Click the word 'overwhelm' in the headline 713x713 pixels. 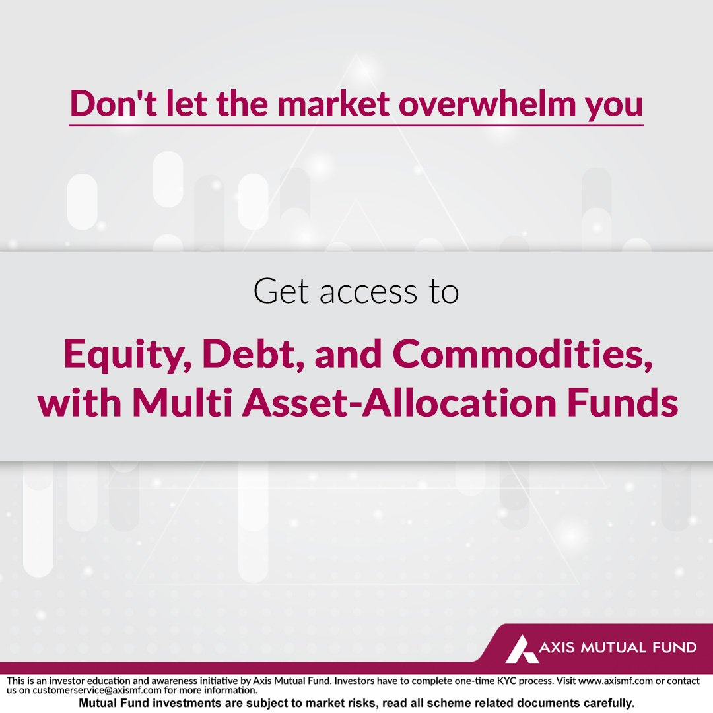487,103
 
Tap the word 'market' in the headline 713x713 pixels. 333,103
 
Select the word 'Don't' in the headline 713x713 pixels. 114,103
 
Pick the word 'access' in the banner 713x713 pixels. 368,292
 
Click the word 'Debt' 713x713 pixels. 253,354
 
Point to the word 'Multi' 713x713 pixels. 182,402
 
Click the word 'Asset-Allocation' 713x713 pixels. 399,402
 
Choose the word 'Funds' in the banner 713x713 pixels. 623,402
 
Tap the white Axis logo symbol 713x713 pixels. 522,649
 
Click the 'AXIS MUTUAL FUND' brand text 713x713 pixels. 617,647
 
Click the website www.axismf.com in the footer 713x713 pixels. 616,681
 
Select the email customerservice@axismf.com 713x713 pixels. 97,690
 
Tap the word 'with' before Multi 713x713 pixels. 80,402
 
